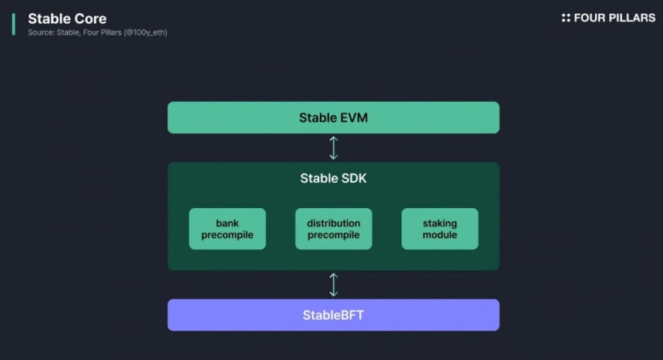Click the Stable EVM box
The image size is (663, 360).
[x=333, y=118]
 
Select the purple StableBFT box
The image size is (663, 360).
[x=333, y=315]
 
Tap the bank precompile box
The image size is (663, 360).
[x=227, y=229]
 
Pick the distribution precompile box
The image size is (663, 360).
[x=334, y=229]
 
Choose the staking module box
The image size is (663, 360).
[x=439, y=229]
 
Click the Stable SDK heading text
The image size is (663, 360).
[x=333, y=178]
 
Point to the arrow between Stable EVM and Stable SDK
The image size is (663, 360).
[x=334, y=148]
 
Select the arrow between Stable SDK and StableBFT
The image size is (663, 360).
[x=334, y=284]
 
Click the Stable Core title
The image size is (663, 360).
[x=67, y=19]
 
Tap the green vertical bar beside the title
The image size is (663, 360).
[x=14, y=24]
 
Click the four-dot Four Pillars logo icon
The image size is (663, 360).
[x=566, y=18]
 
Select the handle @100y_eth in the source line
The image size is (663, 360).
[x=146, y=32]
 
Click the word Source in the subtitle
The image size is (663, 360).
[x=41, y=32]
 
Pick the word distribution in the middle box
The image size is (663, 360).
[x=334, y=223]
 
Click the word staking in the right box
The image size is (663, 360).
[x=439, y=224]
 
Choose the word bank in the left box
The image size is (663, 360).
[x=227, y=223]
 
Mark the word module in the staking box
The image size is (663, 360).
[x=439, y=235]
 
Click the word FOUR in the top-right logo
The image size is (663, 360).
[x=587, y=18]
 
